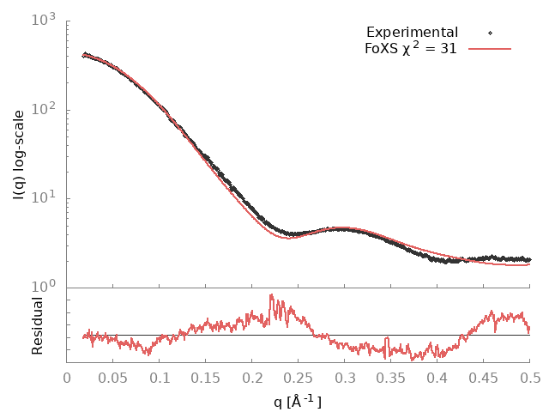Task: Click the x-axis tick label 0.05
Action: tap(113, 377)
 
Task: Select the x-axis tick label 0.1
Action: tap(160, 377)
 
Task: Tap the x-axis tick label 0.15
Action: tap(206, 377)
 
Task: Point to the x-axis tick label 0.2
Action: tap(252, 377)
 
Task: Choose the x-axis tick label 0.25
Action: tap(299, 377)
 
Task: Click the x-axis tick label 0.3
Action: tap(345, 377)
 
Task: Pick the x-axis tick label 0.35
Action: tap(391, 377)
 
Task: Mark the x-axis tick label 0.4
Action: tap(437, 377)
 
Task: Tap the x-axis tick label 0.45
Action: tap(484, 377)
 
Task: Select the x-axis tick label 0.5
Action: tap(530, 377)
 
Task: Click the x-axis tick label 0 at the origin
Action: tap(68, 377)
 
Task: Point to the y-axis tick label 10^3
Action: tap(46, 20)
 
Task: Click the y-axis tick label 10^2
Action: tap(46, 109)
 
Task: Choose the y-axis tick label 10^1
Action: tap(46, 198)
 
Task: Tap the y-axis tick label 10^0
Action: tap(46, 288)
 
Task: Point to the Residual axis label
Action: tap(37, 325)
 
